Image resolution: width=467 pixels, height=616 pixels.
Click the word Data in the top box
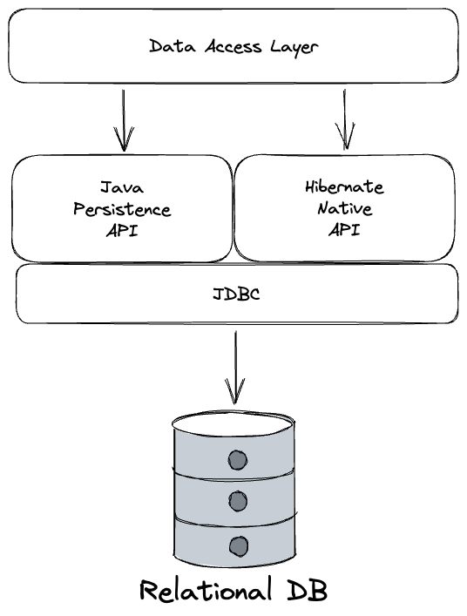pos(172,46)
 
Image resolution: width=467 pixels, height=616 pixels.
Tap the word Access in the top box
pos(233,46)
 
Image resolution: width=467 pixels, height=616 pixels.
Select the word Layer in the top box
pos(294,48)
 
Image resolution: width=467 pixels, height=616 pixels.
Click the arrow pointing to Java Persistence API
pos(124,120)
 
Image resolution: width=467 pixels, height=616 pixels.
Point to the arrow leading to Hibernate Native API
pos(345,119)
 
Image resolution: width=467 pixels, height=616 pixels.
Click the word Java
pos(122,187)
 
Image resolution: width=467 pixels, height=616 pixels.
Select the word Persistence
pos(122,209)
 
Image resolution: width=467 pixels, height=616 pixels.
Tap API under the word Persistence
pos(122,230)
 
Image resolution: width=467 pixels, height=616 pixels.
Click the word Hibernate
pos(344,186)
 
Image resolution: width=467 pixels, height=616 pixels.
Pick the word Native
pos(344,208)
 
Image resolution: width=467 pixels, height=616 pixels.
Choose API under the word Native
pos(344,229)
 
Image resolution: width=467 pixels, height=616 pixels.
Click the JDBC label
pos(236,294)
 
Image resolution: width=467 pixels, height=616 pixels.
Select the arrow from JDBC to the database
pos(235,368)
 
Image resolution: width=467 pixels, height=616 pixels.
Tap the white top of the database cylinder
pos(233,423)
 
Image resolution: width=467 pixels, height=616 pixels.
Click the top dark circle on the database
pos(238,460)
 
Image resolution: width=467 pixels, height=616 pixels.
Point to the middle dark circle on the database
pos(238,501)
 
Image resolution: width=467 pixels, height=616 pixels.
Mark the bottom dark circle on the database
pos(239,546)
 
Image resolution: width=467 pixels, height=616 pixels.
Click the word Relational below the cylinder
pos(206,589)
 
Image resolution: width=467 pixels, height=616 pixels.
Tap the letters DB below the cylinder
pos(307,590)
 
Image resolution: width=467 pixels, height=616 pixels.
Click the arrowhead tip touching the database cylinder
pos(235,403)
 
